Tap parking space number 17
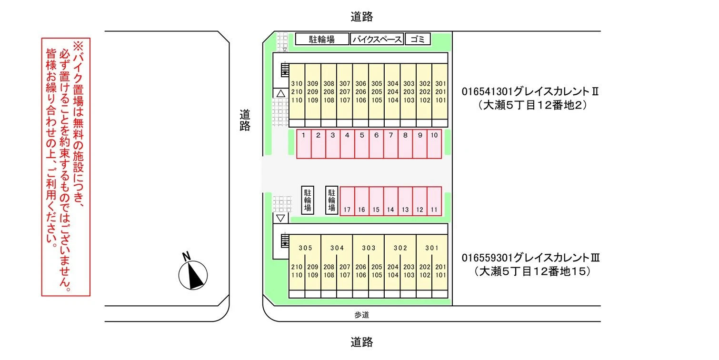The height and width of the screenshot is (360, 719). (347, 201)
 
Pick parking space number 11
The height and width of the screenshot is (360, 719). (434, 201)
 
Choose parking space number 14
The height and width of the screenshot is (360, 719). (390, 201)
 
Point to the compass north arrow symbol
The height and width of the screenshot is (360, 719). (193, 275)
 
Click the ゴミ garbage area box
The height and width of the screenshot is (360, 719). (418, 39)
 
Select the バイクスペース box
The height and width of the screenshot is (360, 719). (377, 39)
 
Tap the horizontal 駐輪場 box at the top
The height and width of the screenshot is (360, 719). (322, 39)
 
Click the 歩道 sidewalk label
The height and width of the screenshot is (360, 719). (362, 315)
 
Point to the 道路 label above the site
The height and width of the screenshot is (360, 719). (362, 17)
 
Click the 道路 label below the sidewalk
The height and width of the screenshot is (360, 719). (362, 342)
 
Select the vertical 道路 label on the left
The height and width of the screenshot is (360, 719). (245, 120)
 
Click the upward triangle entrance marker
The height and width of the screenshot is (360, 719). (281, 93)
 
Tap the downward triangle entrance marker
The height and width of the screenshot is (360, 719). (281, 218)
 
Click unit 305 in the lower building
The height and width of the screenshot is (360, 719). (305, 248)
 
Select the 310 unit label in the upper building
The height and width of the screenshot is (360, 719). (297, 83)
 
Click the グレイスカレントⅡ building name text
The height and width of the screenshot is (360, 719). (530, 91)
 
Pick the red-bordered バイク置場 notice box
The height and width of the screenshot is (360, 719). (66, 167)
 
